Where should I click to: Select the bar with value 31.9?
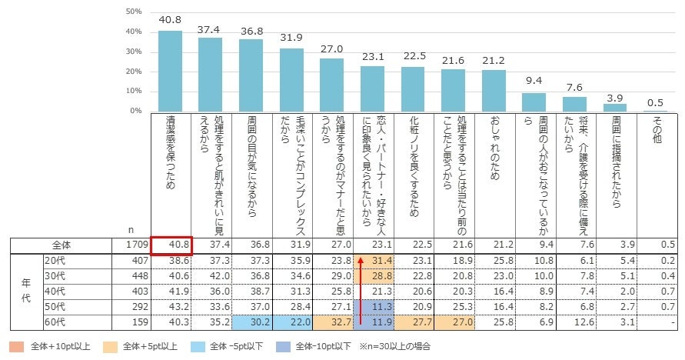pos(291,80)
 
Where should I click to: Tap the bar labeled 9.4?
pos(534,102)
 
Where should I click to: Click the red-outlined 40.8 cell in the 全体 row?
pos(170,245)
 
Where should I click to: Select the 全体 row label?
pos(62,245)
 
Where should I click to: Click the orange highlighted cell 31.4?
pos(373,262)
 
